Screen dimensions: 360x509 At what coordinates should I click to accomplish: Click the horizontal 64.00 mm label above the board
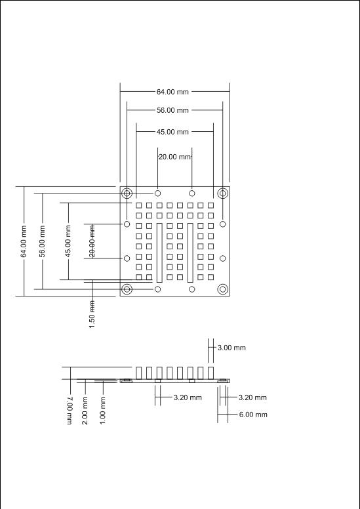[172, 92]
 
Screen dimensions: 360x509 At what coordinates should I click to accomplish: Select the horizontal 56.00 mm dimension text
[172, 110]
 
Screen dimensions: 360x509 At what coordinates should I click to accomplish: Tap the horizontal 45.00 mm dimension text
[172, 132]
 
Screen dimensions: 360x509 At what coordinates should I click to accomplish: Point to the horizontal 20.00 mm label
[174, 157]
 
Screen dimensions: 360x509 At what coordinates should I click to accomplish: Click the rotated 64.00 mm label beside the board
[24, 241]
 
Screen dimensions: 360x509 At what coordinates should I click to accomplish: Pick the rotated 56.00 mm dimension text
[42, 241]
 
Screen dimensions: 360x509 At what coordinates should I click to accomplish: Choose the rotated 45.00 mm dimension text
[68, 241]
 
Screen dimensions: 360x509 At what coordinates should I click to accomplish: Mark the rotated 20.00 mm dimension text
[92, 241]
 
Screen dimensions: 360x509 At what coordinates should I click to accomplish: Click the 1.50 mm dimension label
[92, 314]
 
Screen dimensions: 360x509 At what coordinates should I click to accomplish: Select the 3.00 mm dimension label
[231, 348]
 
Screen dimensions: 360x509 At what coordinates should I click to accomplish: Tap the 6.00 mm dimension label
[253, 415]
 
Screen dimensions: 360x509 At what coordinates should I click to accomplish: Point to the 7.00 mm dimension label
[70, 411]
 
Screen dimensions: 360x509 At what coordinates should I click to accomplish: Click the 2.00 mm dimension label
[85, 411]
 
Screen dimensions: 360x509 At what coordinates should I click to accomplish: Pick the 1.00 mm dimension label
[102, 411]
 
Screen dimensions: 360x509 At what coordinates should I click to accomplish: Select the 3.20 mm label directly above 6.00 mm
[252, 397]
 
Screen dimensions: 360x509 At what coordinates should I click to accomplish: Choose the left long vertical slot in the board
[159, 253]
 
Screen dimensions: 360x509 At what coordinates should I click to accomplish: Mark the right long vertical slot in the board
[190, 253]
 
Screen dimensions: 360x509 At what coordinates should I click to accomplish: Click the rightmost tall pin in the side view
[211, 373]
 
